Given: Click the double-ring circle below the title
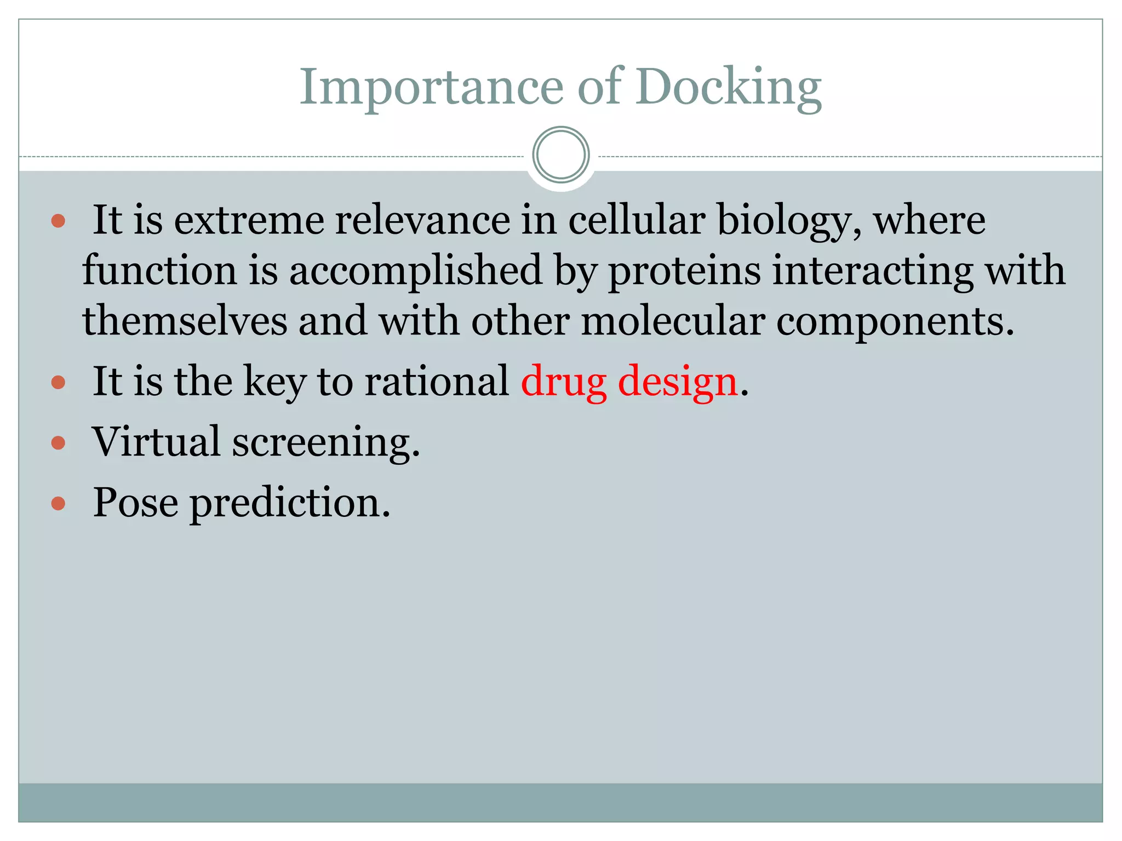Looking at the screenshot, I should [x=560, y=155].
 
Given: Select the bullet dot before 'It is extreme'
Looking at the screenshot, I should [x=58, y=221].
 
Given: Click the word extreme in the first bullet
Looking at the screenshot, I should [x=249, y=220].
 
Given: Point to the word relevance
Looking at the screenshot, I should [x=422, y=220].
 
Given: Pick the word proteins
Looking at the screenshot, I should [x=685, y=271].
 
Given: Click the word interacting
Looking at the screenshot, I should [x=872, y=271].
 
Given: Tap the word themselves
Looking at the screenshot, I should [x=185, y=321].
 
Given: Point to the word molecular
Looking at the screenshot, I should [x=673, y=321].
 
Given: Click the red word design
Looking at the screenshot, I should [x=678, y=382].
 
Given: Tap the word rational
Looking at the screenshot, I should [x=437, y=381].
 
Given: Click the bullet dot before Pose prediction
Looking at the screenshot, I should [x=58, y=503].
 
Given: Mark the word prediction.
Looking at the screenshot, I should [x=290, y=503].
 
